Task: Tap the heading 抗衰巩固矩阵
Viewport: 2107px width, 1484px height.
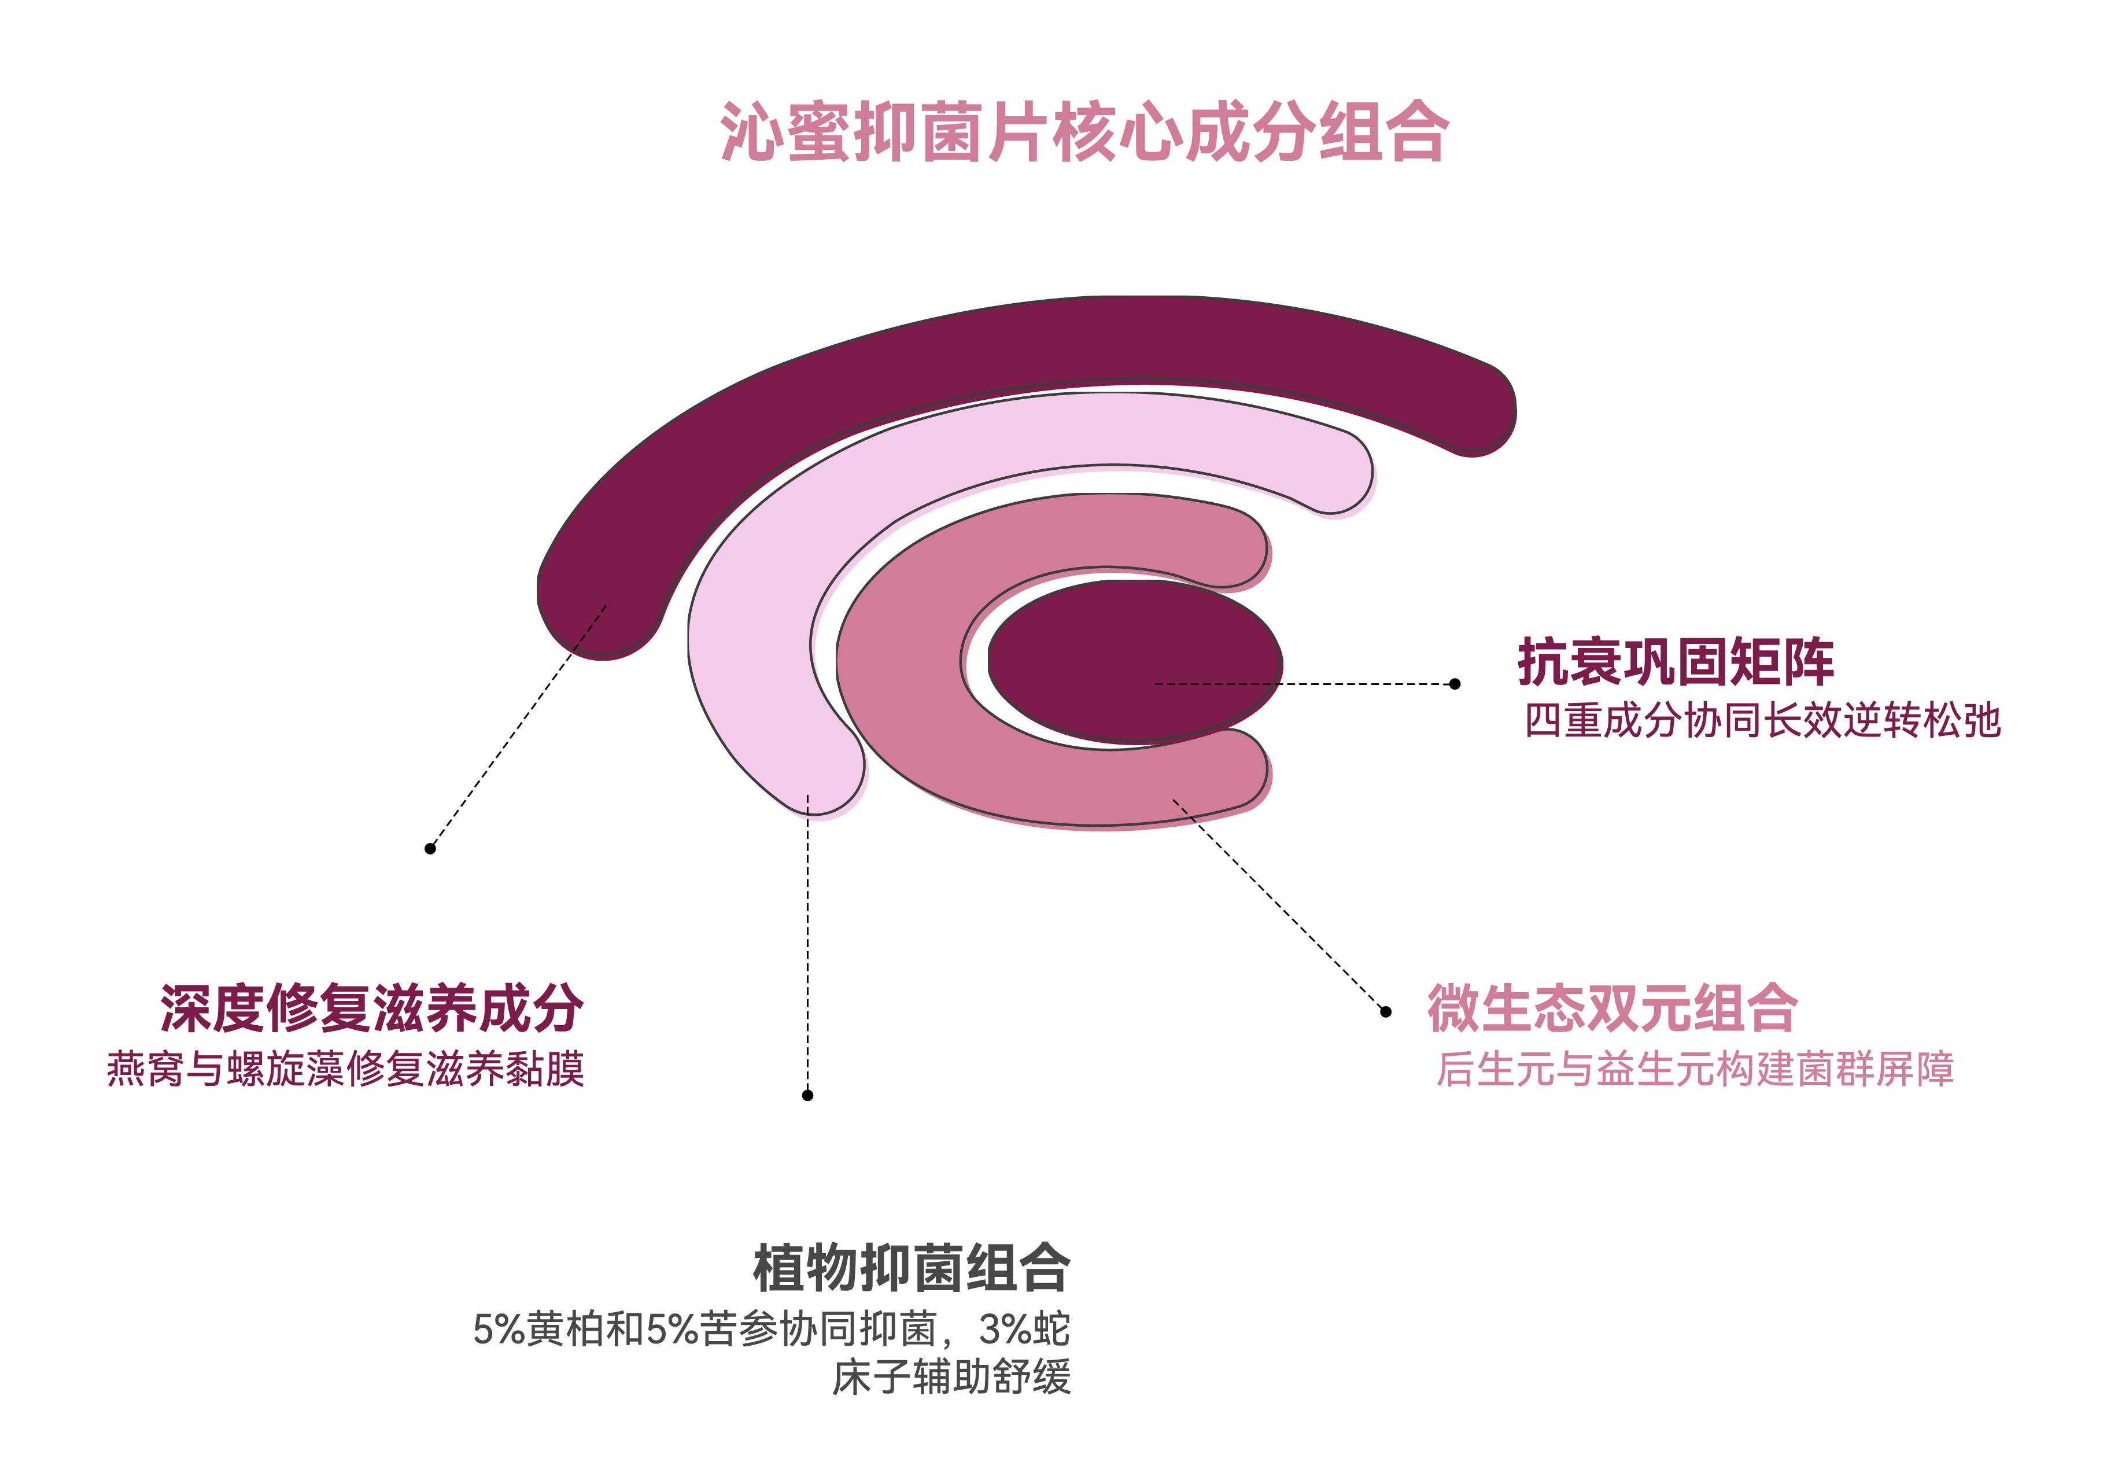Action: pos(1675,662)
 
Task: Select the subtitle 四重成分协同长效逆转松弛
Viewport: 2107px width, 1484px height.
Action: pos(1762,720)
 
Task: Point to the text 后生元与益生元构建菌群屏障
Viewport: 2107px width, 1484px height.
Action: pos(1695,1069)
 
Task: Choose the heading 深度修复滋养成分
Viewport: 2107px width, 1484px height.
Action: pos(372,1008)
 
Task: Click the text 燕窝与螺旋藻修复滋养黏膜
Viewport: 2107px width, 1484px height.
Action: pos(346,1069)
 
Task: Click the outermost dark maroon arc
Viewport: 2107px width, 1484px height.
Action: pos(1009,349)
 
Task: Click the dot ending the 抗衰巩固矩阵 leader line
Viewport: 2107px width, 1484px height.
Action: pos(1455,684)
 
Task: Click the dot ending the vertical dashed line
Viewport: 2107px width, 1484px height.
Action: pos(807,1095)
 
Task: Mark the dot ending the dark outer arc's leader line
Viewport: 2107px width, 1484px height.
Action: pos(430,849)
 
